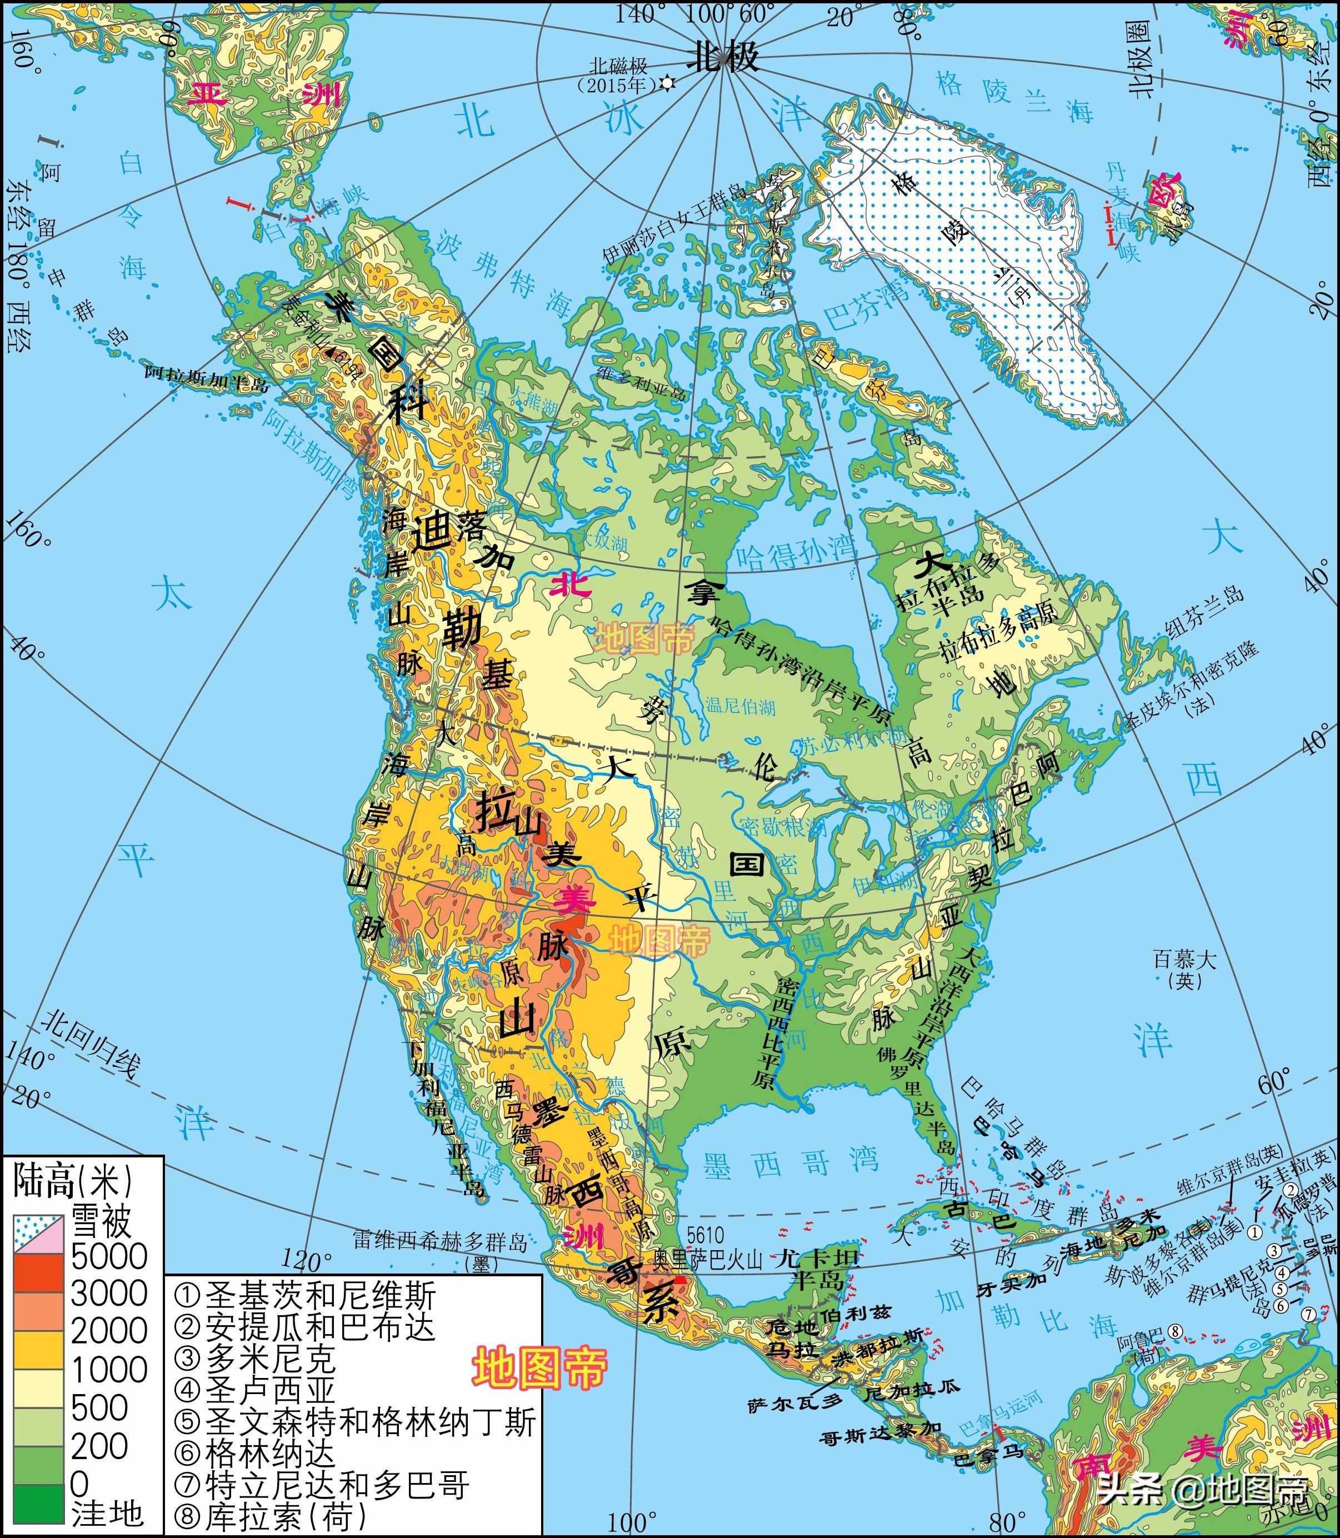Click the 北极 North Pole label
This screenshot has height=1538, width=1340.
click(722, 56)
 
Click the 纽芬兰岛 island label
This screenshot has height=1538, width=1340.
click(1206, 612)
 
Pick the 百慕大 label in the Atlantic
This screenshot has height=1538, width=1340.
click(1184, 959)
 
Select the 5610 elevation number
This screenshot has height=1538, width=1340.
click(704, 1235)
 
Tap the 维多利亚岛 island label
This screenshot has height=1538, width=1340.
click(641, 383)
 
